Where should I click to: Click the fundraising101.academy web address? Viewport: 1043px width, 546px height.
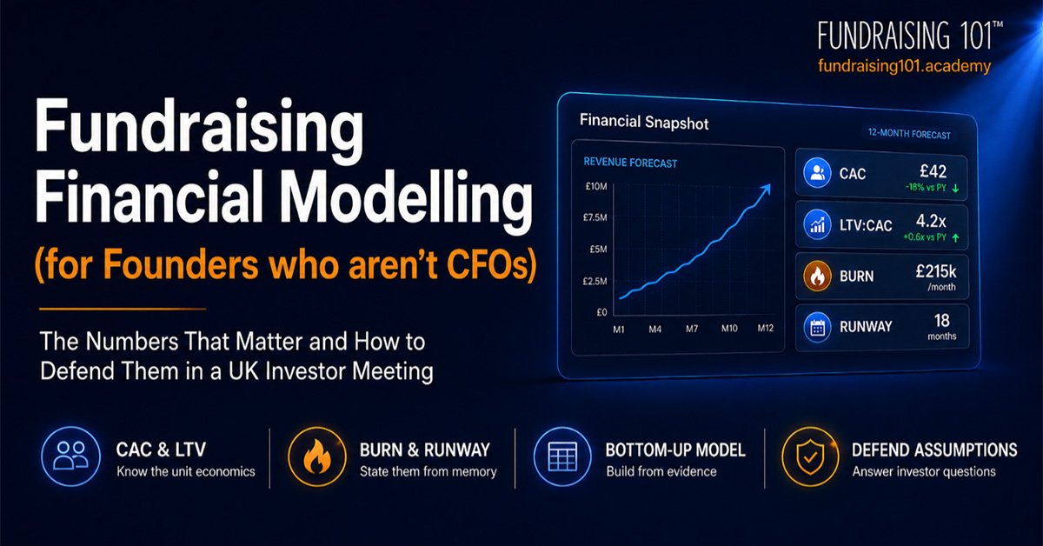[904, 66]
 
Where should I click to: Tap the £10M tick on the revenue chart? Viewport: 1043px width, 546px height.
[596, 186]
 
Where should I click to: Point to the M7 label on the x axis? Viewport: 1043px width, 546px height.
[692, 329]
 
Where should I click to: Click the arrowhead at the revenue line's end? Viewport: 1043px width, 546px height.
[766, 189]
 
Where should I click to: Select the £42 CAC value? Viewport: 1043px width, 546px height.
[933, 171]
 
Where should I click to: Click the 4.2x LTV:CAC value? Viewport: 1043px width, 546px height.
[931, 221]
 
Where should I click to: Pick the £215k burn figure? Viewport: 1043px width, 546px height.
[935, 271]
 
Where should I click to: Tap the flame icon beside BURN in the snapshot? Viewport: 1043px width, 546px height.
[817, 276]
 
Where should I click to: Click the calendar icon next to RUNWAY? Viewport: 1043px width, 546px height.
[817, 327]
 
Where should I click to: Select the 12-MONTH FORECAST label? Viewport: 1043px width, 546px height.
[909, 134]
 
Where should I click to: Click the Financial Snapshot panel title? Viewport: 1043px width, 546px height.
[644, 122]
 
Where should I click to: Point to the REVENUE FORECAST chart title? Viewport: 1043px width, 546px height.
[630, 162]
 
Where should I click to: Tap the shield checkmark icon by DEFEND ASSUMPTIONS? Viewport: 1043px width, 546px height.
[810, 457]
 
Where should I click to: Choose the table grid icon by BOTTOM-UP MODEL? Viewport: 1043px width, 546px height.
[562, 456]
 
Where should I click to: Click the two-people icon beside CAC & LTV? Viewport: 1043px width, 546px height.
[70, 456]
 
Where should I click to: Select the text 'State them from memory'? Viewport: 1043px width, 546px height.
[428, 471]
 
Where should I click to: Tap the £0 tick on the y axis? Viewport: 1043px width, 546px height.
[601, 312]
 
